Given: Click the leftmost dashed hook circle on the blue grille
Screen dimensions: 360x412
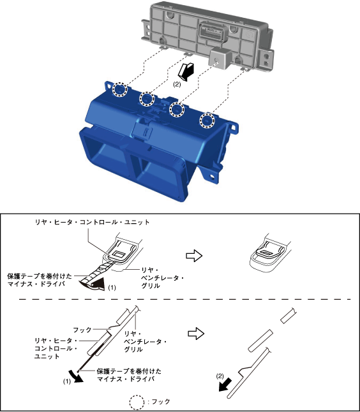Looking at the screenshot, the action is pyautogui.click(x=119, y=90).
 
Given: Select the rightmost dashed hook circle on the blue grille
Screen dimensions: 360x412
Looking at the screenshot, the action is pyautogui.click(x=207, y=121).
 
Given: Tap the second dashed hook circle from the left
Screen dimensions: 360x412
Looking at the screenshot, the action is pyautogui.click(x=147, y=99).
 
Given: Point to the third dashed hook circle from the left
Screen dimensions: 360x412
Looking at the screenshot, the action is pyautogui.click(x=176, y=110).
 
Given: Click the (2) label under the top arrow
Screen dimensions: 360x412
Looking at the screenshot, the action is pyautogui.click(x=177, y=85).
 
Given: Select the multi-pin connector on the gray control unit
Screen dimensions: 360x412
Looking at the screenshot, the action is pyautogui.click(x=212, y=33).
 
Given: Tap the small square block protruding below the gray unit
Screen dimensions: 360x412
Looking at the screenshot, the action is pyautogui.click(x=220, y=58).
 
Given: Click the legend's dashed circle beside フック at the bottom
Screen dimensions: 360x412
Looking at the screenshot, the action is pyautogui.click(x=137, y=402).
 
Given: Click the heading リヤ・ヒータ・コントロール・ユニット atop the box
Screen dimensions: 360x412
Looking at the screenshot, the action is pyautogui.click(x=93, y=222).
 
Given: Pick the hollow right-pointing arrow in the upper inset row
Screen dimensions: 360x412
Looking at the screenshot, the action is pyautogui.click(x=194, y=256).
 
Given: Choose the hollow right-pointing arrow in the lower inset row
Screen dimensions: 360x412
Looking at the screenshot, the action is pyautogui.click(x=196, y=334).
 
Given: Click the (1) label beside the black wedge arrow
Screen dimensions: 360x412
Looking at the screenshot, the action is pyautogui.click(x=112, y=288).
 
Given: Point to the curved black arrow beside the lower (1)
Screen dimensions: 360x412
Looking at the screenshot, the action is pyautogui.click(x=75, y=376).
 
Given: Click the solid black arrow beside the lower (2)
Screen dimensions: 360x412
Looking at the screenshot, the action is pyautogui.click(x=225, y=385).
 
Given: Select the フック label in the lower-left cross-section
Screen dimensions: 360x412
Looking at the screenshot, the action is pyautogui.click(x=82, y=330).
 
